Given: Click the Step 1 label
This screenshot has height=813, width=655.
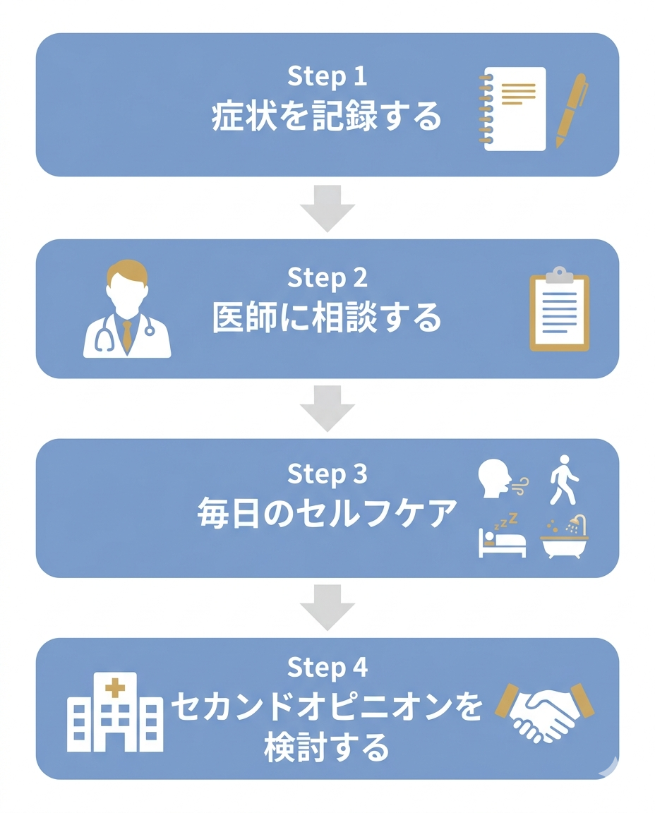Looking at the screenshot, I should tap(327, 78).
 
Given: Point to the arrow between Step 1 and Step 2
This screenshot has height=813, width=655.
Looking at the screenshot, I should tap(327, 207).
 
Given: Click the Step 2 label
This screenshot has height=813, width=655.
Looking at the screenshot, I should tap(327, 278).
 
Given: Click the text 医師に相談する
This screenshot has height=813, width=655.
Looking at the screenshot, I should tap(327, 318).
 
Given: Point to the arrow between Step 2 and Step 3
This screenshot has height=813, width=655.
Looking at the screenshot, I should tap(327, 408).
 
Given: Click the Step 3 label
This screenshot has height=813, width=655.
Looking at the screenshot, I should tap(327, 475).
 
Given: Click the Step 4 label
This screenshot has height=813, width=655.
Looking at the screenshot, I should tap(327, 666).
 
